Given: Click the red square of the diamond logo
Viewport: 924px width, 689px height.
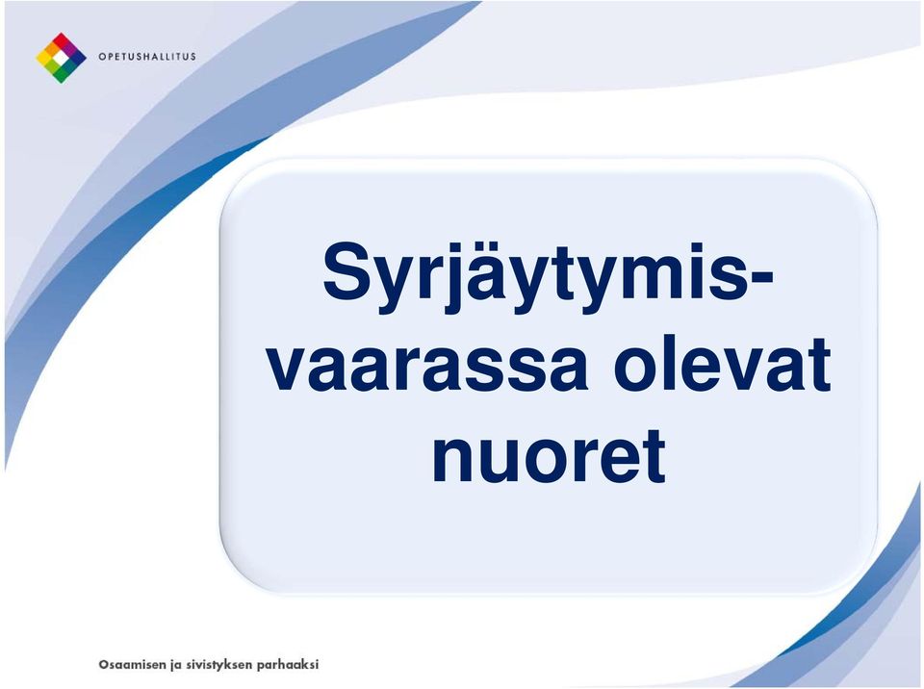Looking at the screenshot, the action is pos(62,40).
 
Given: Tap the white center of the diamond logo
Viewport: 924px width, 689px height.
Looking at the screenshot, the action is pos(62,58).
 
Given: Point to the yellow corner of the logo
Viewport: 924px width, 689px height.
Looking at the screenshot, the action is pos(43,58).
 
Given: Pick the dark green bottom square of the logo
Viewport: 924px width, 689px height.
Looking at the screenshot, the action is pos(62,75).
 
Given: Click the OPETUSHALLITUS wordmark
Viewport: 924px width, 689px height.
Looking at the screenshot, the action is pos(146,57).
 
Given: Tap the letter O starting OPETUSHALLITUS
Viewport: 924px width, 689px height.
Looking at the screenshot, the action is pos(102,57).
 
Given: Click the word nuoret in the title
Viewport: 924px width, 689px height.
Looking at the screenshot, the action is pos(550,455).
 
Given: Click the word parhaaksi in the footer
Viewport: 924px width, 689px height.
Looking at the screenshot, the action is pos(288,665).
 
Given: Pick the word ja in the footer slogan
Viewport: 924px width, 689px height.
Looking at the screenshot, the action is pos(175,666).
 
